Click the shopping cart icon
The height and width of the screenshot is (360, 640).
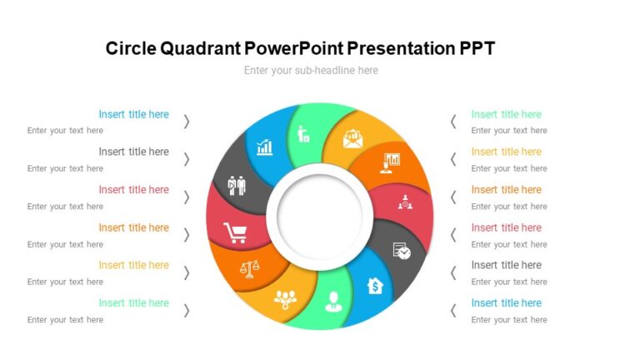(235, 233)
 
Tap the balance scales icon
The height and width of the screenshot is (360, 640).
(248, 268)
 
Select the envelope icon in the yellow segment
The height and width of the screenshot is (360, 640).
(352, 137)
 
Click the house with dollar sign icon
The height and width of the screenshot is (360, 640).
(375, 286)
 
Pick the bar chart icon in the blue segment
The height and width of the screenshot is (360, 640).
(265, 147)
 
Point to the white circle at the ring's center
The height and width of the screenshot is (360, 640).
(319, 213)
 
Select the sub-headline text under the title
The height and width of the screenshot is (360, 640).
(311, 71)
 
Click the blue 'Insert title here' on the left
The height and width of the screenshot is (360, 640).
(133, 114)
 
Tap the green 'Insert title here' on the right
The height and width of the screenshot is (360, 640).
(506, 114)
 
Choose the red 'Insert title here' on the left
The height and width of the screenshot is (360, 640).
(133, 190)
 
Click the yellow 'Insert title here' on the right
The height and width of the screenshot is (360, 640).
(506, 152)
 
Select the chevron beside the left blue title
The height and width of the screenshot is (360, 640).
(187, 122)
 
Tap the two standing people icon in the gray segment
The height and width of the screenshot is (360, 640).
(237, 185)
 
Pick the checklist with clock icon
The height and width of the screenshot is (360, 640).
(402, 250)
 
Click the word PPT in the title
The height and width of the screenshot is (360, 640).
(477, 48)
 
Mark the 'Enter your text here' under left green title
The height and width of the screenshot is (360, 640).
(65, 319)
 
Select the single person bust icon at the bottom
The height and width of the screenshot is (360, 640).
(332, 299)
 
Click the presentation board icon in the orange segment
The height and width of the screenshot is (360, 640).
(390, 162)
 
